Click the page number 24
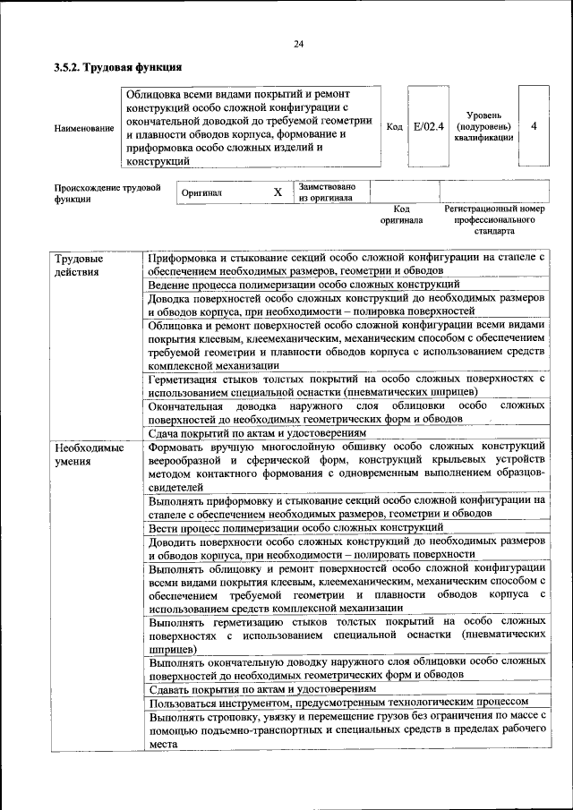(298, 45)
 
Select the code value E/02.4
(430, 126)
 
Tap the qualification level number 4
(534, 126)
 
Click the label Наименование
(84, 128)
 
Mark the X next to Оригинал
(278, 192)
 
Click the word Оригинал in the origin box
(201, 192)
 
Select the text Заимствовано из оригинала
(327, 192)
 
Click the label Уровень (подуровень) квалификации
(483, 126)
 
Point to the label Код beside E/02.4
(394, 127)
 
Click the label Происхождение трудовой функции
(107, 193)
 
